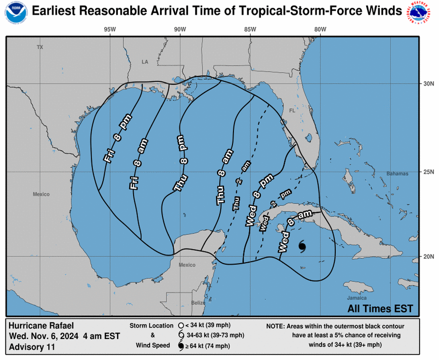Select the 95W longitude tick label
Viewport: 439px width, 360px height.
[110, 29]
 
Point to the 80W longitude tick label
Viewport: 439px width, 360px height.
[320, 29]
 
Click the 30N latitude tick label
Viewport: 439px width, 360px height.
[429, 84]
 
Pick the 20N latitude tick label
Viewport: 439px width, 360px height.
[429, 256]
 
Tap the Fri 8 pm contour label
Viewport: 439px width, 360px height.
[115, 141]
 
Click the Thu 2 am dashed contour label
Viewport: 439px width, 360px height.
[241, 186]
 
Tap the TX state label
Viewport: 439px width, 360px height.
[40, 47]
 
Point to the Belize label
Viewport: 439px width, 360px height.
[198, 303]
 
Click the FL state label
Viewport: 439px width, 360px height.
[293, 111]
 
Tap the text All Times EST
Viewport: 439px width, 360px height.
[380, 309]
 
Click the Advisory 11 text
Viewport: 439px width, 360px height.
[32, 347]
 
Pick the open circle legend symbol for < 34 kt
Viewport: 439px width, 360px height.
[180, 325]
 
